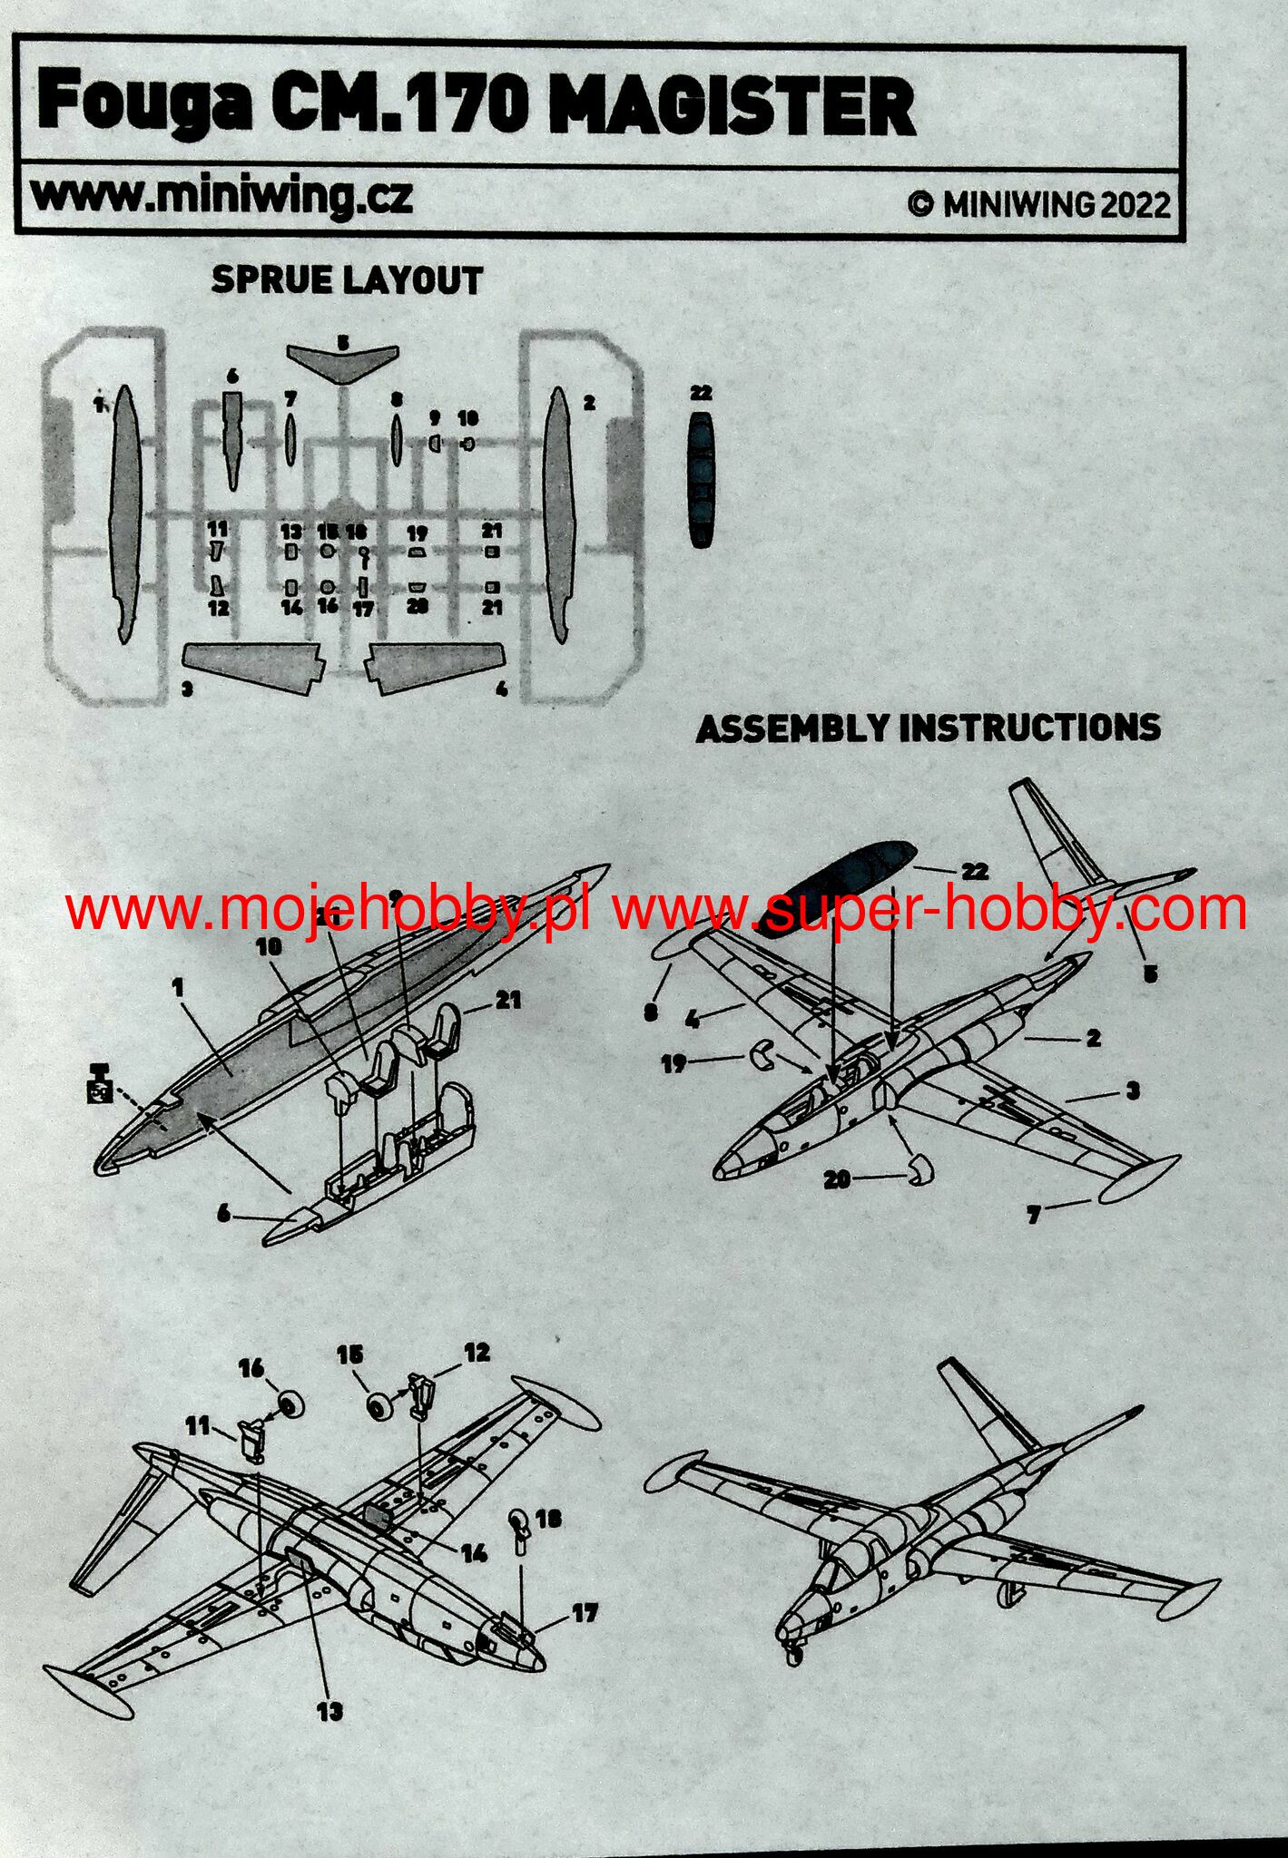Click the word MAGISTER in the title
[x=732, y=106]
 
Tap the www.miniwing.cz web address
[x=221, y=195]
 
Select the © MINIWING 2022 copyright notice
[x=1039, y=204]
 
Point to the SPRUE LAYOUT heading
[x=347, y=280]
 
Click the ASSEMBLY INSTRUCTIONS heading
[x=928, y=729]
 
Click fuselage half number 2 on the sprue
[x=559, y=513]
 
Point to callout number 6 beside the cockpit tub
[x=223, y=1212]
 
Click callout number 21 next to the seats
[x=508, y=1000]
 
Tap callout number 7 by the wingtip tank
[x=1033, y=1216]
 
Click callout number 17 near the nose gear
[x=585, y=1613]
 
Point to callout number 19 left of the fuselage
[x=673, y=1062]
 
